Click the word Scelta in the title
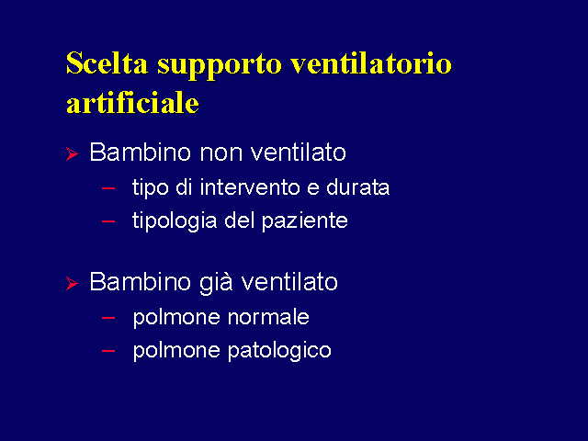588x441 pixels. (x=107, y=63)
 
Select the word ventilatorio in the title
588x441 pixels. (x=371, y=63)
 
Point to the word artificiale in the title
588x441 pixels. (x=132, y=102)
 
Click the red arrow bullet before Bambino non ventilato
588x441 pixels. (x=72, y=153)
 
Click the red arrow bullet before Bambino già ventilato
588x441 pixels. (x=72, y=283)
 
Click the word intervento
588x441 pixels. (x=250, y=187)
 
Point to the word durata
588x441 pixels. (x=357, y=187)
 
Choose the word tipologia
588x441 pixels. (x=175, y=221)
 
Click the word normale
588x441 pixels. (x=268, y=317)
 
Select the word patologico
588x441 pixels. (x=279, y=351)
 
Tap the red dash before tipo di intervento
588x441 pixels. (x=108, y=188)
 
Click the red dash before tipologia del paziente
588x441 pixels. (x=108, y=221)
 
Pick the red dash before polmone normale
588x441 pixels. (x=108, y=318)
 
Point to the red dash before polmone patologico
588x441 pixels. (x=108, y=351)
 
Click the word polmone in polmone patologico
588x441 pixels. (x=176, y=351)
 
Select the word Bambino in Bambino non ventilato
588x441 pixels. (x=141, y=152)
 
